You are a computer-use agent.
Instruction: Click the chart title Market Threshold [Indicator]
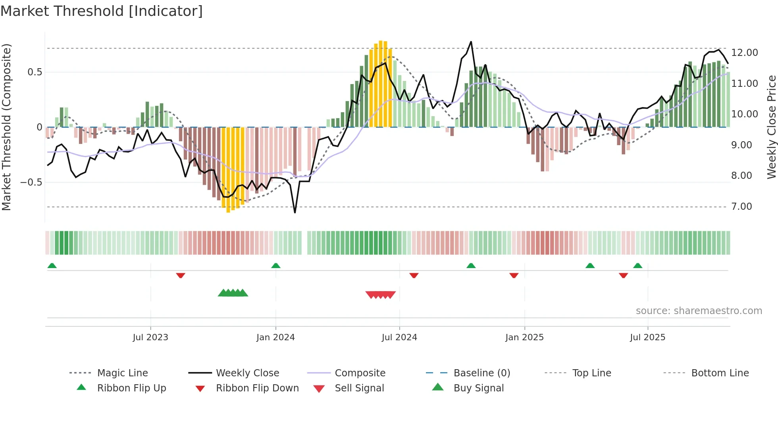coord(102,11)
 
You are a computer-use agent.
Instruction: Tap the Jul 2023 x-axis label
coord(150,337)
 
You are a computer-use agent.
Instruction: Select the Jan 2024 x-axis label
coord(275,337)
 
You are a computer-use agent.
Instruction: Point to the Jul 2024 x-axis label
coord(399,337)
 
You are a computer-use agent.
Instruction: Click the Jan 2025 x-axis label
coord(524,337)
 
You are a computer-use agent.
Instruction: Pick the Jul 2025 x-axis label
coord(647,337)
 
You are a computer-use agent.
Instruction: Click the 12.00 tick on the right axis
coord(744,53)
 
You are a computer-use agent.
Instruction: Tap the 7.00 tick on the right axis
coord(741,207)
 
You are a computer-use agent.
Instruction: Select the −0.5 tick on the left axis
coord(31,182)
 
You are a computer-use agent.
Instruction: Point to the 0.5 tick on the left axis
coord(35,72)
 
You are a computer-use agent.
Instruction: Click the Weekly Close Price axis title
coord(771,127)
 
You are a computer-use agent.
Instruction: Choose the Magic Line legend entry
coord(122,373)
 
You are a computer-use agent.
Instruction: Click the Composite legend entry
coord(360,373)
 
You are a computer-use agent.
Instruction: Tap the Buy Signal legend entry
coord(478,388)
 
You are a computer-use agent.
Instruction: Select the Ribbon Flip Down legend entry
coord(257,388)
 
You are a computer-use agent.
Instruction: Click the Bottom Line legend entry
coord(720,373)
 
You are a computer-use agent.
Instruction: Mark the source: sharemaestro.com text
coord(699,311)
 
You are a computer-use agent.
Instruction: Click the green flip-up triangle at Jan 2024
coord(276,266)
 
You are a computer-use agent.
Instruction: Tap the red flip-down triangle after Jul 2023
coord(181,275)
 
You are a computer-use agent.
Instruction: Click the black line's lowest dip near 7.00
coord(295,212)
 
